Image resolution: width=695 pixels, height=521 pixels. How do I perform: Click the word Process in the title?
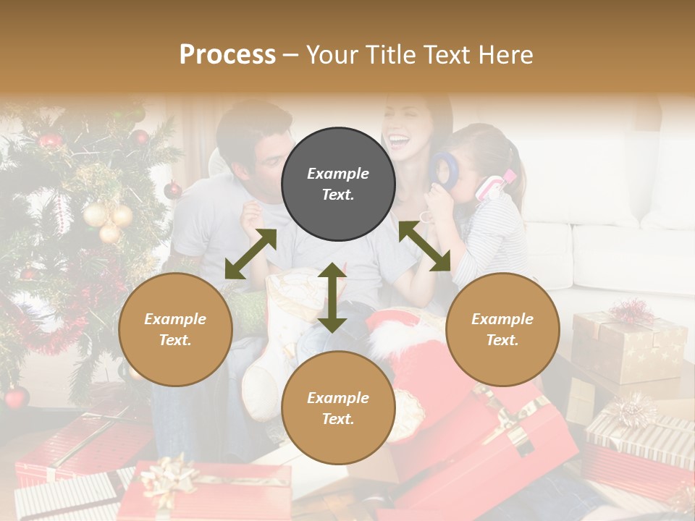pos(227,54)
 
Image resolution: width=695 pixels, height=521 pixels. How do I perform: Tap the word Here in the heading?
pos(505,54)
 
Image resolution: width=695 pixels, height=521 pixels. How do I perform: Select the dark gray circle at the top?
pos(338,184)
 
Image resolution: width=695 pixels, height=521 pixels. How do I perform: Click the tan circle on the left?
pos(175,329)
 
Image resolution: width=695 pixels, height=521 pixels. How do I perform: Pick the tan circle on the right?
pos(502,329)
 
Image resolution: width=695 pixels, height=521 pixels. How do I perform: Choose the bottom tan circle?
pos(338,407)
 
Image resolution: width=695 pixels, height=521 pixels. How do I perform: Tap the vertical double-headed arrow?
pos(332,297)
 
